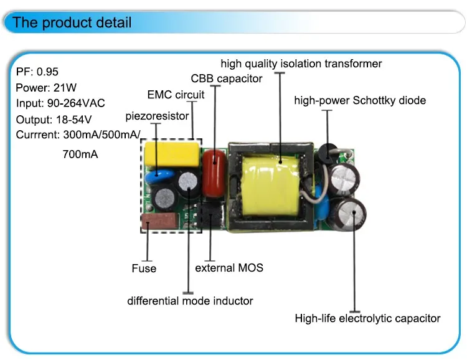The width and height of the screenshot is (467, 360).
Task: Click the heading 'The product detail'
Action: [72, 23]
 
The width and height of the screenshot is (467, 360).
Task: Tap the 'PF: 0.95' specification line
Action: [37, 72]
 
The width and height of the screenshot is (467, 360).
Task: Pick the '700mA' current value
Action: [80, 153]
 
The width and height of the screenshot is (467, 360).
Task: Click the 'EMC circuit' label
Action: [176, 95]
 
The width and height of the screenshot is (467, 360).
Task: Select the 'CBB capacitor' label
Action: [227, 78]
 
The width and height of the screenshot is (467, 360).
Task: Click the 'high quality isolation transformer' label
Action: [301, 64]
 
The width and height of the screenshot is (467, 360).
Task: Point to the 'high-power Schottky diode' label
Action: [360, 100]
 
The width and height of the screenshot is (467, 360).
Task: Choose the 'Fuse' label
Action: [144, 268]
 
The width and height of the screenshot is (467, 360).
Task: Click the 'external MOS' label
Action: [229, 267]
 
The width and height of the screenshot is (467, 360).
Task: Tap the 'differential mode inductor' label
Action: [190, 300]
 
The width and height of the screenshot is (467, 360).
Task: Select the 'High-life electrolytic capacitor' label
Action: [367, 318]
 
